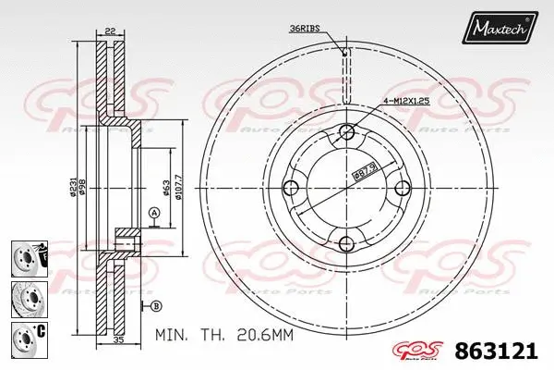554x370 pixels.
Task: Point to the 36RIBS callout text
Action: coord(306,30)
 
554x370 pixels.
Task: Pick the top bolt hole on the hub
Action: coord(346,130)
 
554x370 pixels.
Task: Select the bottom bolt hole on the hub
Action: coord(346,244)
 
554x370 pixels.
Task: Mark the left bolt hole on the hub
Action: coord(290,188)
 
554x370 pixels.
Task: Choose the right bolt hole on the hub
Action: coord(403,188)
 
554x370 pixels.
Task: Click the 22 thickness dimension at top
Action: coord(109,31)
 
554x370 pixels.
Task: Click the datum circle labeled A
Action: coord(154,215)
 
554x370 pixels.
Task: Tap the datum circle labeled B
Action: coord(155,305)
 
